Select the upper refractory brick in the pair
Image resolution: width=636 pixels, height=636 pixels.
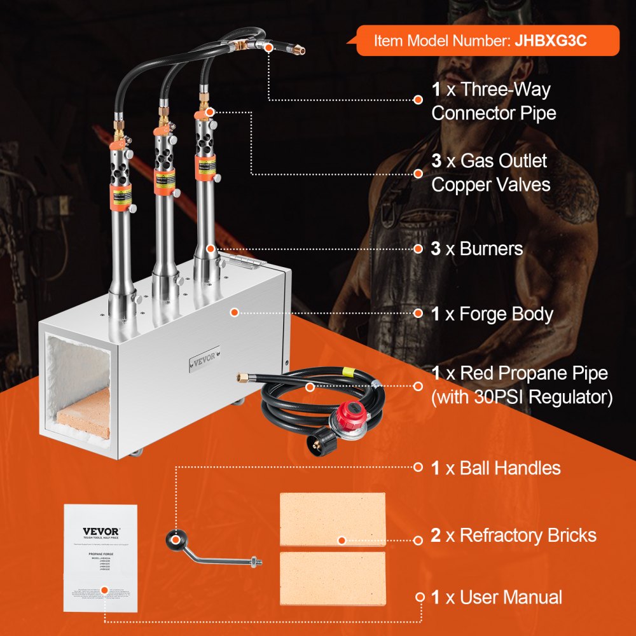tap(332, 520)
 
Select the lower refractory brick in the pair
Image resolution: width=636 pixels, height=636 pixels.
tap(332, 578)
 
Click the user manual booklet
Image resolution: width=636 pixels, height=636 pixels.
tap(101, 558)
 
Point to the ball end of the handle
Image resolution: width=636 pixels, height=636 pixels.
tap(172, 540)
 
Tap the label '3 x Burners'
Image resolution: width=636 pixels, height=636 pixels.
tap(476, 249)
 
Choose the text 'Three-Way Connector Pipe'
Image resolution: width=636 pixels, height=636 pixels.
tap(493, 101)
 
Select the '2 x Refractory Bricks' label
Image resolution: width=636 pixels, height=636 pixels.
tap(513, 536)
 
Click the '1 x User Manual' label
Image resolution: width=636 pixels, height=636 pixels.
tap(496, 597)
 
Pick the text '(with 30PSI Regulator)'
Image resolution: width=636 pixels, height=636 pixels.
tap(522, 398)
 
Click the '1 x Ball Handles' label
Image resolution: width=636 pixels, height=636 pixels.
tap(495, 469)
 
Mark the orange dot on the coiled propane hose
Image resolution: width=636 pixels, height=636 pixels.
tap(310, 387)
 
